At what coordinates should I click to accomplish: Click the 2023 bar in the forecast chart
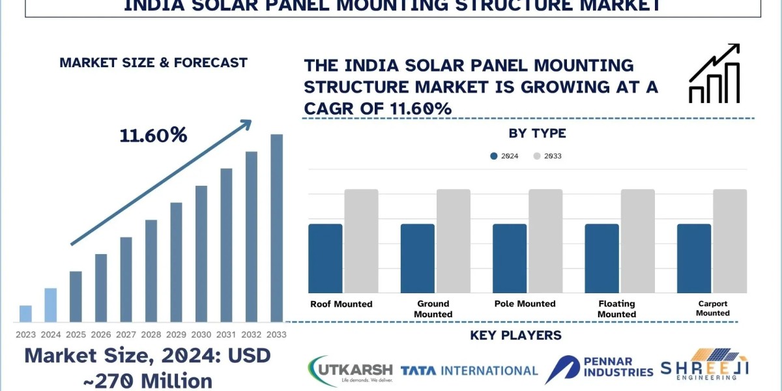coord(25,313)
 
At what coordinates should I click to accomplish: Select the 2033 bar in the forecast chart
coord(277,228)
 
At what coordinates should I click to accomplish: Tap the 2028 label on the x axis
coord(151,334)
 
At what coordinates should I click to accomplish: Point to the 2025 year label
coord(76,334)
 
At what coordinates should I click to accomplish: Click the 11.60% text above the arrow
coord(153,136)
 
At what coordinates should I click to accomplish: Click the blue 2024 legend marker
coord(493,156)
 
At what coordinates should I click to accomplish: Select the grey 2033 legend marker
coord(537,156)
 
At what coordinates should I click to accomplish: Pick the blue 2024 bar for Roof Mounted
coord(325,258)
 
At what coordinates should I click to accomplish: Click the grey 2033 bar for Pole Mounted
coord(545,241)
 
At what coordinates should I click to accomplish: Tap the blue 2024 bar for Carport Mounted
coord(694,258)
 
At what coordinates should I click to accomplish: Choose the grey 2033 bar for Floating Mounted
coord(637,241)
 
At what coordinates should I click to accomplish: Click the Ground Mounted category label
coord(433,309)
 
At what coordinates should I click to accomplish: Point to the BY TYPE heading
coord(537,134)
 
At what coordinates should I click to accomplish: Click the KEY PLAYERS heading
coord(515,336)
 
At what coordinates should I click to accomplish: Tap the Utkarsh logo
coord(350,371)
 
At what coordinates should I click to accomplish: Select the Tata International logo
coord(469,371)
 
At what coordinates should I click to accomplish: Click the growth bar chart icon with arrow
coord(714,73)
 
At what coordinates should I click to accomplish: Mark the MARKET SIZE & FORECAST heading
coord(153,63)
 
